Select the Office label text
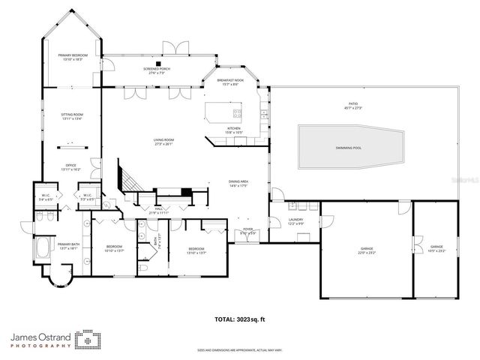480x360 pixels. (70, 167)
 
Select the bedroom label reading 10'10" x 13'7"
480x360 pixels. (114, 248)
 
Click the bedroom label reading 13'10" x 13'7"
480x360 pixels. (196, 250)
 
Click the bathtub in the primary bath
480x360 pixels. (43, 247)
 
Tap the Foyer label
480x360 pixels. (247, 232)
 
